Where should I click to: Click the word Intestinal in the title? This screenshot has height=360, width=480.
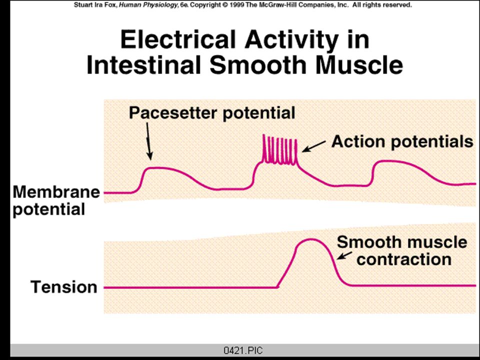coord(143,65)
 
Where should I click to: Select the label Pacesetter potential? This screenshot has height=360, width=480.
coord(212,113)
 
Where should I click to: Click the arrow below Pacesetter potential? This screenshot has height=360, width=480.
coord(148,141)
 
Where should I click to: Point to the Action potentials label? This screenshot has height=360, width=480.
coord(402,141)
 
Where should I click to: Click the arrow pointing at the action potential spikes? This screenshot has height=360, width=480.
coord(314,146)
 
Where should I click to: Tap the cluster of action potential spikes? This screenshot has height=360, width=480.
coord(280,149)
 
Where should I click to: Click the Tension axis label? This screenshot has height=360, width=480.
coord(64,287)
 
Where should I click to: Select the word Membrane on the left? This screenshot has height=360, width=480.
coord(56,192)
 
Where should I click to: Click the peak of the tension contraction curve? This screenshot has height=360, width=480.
coord(311,239)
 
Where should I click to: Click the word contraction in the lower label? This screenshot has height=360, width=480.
coord(404,259)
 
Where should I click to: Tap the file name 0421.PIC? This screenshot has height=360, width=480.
coord(243,350)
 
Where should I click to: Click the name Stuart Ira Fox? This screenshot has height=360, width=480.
coord(95,5)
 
